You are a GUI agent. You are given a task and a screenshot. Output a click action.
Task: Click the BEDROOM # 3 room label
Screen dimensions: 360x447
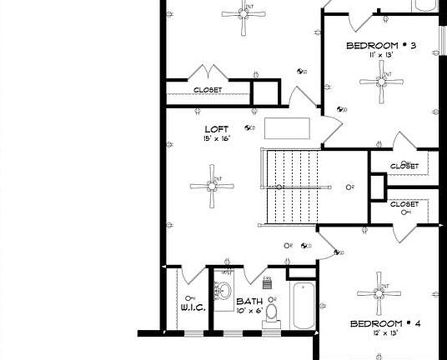[x=380, y=45]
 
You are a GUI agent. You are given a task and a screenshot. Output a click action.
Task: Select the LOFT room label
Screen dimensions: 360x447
[x=216, y=129]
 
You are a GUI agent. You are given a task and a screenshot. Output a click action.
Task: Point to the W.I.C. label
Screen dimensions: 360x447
[x=193, y=307]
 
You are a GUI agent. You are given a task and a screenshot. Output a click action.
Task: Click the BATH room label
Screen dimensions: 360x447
[x=249, y=302]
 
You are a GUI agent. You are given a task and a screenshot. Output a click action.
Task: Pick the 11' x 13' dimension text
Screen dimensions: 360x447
[x=380, y=56]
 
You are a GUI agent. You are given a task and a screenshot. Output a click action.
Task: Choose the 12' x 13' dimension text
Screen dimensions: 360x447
[x=385, y=332]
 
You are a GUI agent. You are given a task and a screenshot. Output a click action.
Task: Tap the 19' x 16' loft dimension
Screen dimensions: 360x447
[x=216, y=139]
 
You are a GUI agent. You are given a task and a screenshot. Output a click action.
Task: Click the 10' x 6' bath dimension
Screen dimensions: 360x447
[x=249, y=311]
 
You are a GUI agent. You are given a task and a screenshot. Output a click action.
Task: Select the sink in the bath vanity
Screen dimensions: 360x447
[x=223, y=292]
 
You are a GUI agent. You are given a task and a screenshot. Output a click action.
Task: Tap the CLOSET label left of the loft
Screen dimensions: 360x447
[x=208, y=90]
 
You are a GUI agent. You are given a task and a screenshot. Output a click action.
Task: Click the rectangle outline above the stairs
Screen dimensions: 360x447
[x=289, y=129]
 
